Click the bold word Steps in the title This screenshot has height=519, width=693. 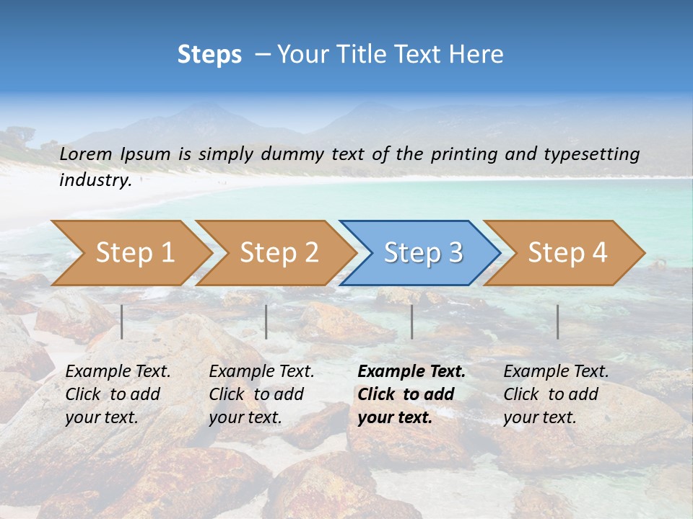(209, 55)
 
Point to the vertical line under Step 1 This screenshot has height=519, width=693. (122, 321)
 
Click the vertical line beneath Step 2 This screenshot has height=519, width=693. (266, 321)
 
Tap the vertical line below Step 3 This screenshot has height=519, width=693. (411, 321)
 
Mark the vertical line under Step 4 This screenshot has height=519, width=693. (557, 321)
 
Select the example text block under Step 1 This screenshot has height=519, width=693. (118, 394)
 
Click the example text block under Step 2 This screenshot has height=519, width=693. (261, 394)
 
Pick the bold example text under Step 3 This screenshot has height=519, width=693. (411, 394)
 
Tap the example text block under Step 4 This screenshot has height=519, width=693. (556, 394)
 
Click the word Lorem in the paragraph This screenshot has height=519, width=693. (85, 154)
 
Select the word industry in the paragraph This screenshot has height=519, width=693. (95, 180)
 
